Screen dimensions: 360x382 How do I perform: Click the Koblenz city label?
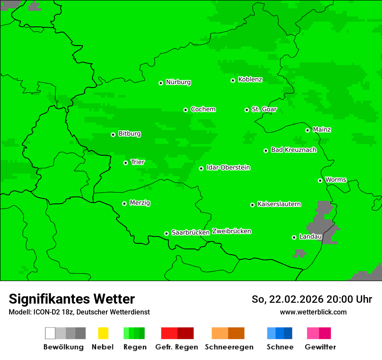pyautogui.click(x=250, y=79)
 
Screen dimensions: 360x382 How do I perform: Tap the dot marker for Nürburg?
pyautogui.click(x=161, y=82)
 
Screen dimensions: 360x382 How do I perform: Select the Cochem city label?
pyautogui.click(x=203, y=109)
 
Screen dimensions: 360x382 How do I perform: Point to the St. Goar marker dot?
pyautogui.click(x=247, y=110)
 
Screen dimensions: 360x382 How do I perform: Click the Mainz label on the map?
pyautogui.click(x=322, y=129)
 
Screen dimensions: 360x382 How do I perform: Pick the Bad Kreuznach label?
pyautogui.click(x=293, y=150)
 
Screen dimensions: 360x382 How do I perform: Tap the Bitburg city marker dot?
pyautogui.click(x=113, y=134)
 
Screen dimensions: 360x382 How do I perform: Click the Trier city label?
pyautogui.click(x=138, y=162)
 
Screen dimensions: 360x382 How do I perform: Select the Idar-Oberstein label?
pyautogui.click(x=228, y=167)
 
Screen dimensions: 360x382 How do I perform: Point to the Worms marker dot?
pyautogui.click(x=320, y=180)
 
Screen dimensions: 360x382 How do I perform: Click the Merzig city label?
pyautogui.click(x=140, y=203)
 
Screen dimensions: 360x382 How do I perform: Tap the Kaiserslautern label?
pyautogui.click(x=279, y=204)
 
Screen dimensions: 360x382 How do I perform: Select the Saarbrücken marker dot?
pyautogui.click(x=166, y=233)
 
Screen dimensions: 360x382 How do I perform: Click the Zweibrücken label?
pyautogui.click(x=231, y=231)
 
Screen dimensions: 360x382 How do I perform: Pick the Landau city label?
pyautogui.click(x=310, y=236)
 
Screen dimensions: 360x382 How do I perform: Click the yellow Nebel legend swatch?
pyautogui.click(x=103, y=333)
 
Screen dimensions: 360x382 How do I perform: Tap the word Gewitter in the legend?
pyautogui.click(x=320, y=347)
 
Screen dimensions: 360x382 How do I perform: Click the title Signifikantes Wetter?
pyautogui.click(x=72, y=299)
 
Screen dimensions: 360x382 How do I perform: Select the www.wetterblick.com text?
pyautogui.click(x=313, y=312)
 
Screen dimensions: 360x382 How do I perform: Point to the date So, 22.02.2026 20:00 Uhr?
pyautogui.click(x=312, y=299)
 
